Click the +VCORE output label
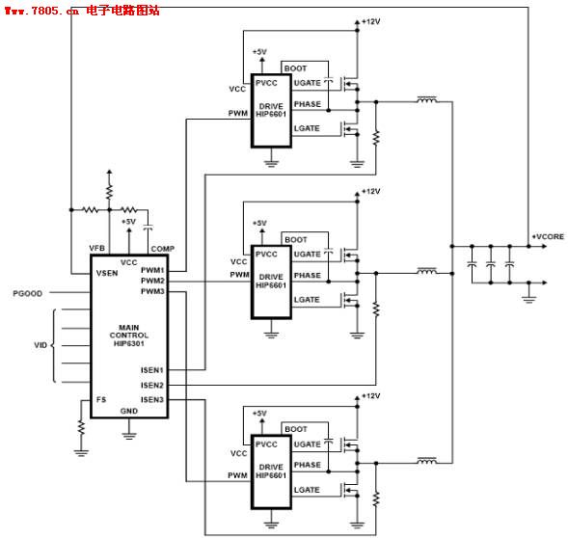coord(548,236)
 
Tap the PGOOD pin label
coord(27,292)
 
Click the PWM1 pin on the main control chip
coord(152,271)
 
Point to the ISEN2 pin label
coord(152,385)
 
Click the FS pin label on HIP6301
coord(100,399)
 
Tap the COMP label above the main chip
coord(162,248)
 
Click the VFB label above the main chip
coord(96,248)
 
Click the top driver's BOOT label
coord(296,68)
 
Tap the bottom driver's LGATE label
coord(307,490)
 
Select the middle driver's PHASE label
coord(307,276)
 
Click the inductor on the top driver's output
coord(425,98)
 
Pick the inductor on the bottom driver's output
coord(425,461)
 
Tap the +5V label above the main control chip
coord(128,221)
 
